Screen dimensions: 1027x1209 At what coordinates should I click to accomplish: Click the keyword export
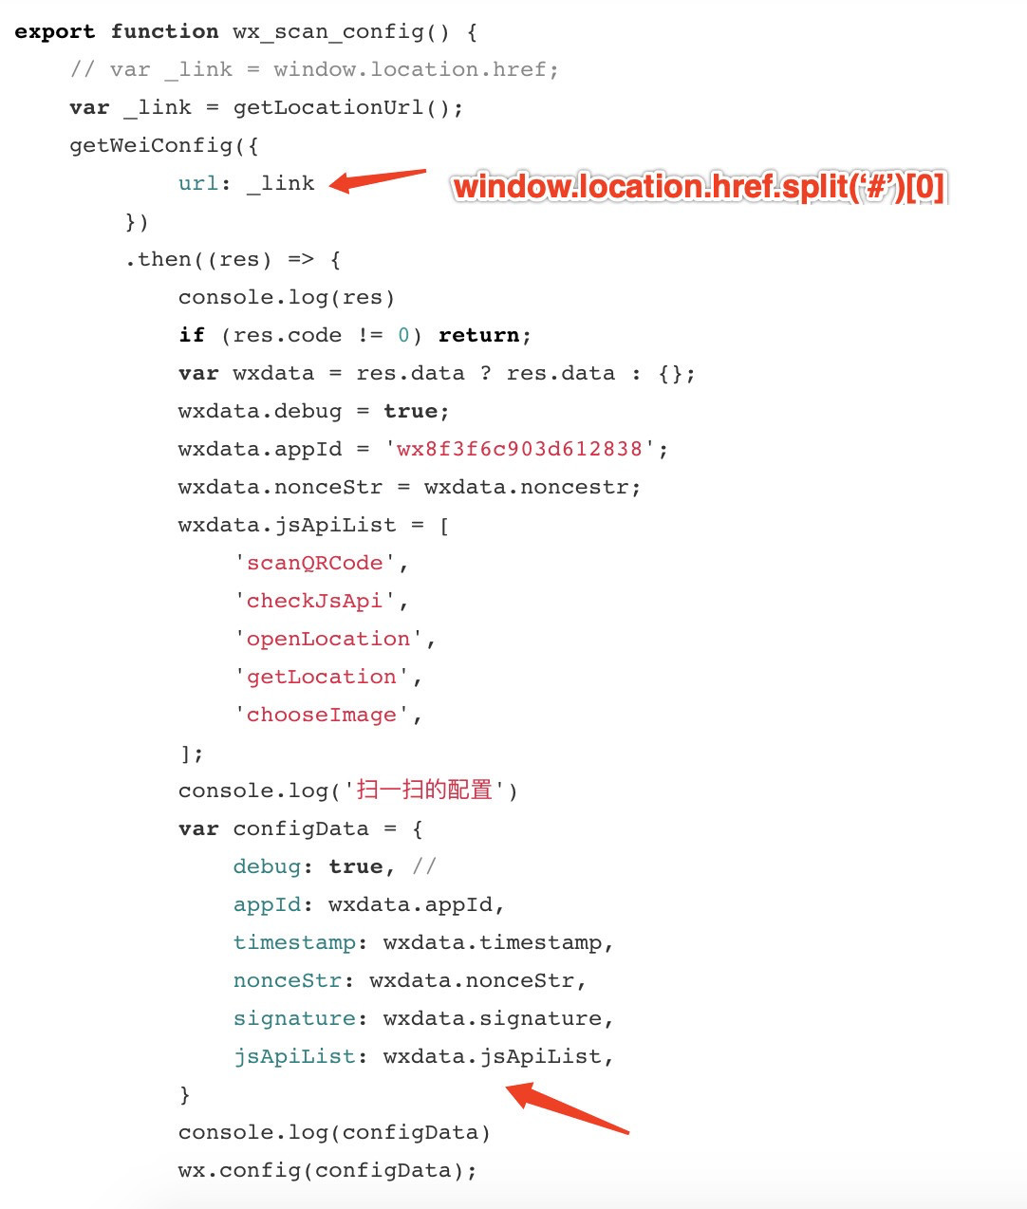tap(54, 31)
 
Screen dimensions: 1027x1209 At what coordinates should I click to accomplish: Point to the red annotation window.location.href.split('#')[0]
tap(699, 187)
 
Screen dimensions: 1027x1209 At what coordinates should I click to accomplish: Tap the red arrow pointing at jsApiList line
tap(567, 1109)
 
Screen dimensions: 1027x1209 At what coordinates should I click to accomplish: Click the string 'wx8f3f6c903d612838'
tap(519, 449)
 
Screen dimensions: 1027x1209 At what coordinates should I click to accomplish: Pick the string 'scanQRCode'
tap(314, 563)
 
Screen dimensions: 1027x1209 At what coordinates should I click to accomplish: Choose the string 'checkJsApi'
tap(314, 601)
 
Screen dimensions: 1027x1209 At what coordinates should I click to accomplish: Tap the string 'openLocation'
tap(327, 639)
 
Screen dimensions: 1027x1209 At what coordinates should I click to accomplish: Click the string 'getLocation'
tap(321, 677)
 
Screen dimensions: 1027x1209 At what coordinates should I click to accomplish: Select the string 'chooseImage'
tap(321, 715)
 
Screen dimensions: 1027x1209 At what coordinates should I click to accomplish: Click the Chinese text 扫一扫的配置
tap(424, 790)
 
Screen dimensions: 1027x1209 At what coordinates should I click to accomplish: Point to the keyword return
tap(478, 335)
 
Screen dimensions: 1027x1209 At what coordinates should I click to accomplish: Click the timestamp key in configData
tap(294, 942)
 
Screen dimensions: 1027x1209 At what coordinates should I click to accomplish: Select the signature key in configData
tap(294, 1018)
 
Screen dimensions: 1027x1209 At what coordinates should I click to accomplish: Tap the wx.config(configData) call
tap(327, 1170)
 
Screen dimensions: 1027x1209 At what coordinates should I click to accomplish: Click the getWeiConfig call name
tap(150, 145)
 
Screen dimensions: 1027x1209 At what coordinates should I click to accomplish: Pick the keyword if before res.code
tap(192, 335)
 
